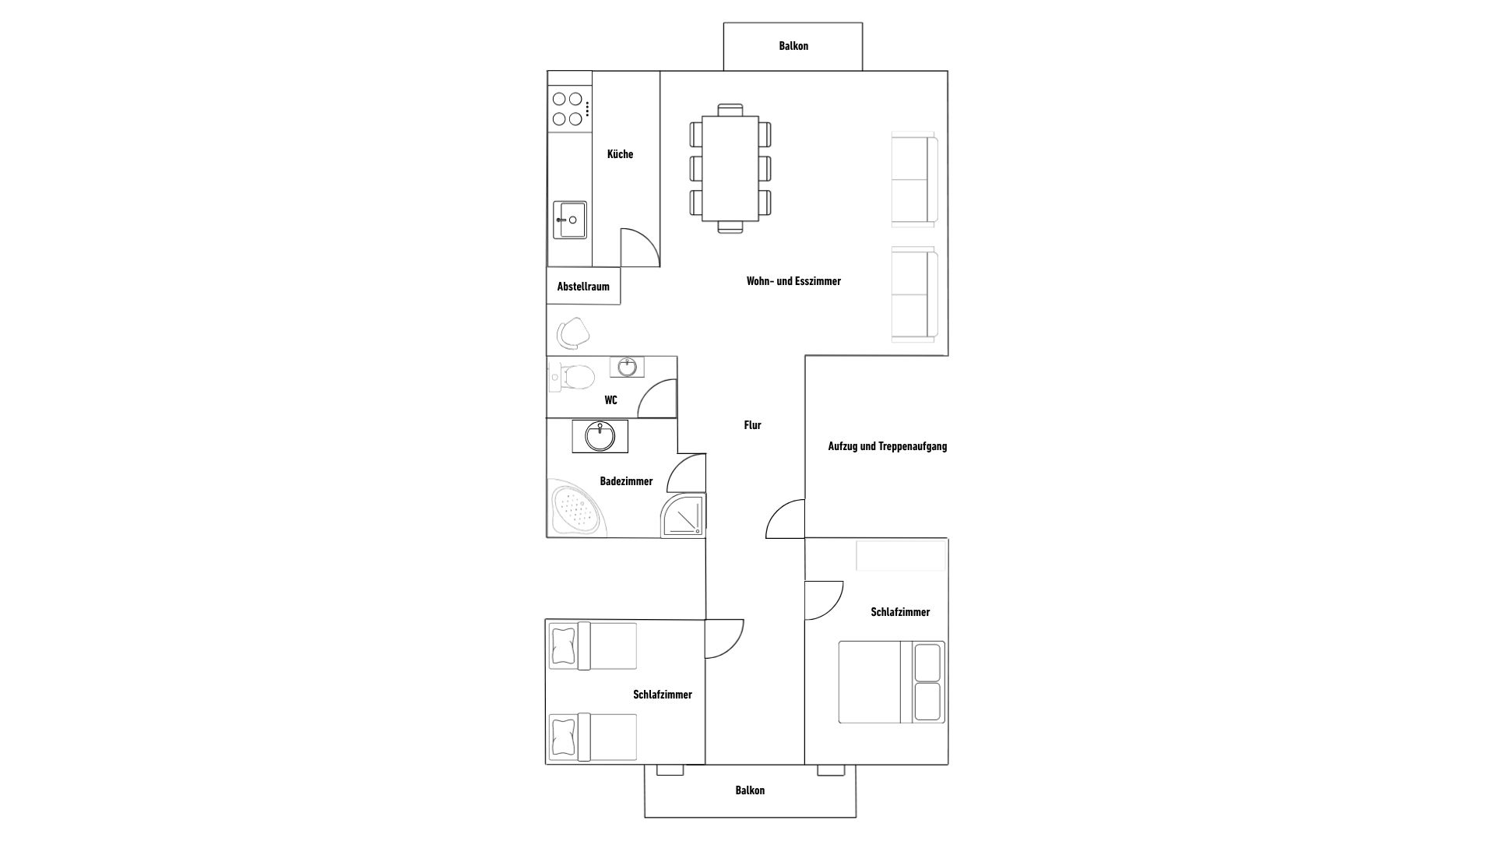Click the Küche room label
(x=620, y=154)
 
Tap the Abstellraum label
(x=583, y=287)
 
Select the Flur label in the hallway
(x=752, y=425)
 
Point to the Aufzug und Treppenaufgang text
(x=888, y=446)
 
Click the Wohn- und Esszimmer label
(x=793, y=281)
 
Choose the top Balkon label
(x=793, y=46)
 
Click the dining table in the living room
(x=730, y=169)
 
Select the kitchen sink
(x=570, y=220)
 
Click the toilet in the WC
(x=572, y=378)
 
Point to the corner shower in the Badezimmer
(x=683, y=515)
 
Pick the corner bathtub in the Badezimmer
(x=578, y=510)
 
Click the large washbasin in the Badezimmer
(x=600, y=436)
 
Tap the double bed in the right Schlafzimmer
(x=892, y=682)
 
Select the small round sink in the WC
(x=627, y=366)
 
